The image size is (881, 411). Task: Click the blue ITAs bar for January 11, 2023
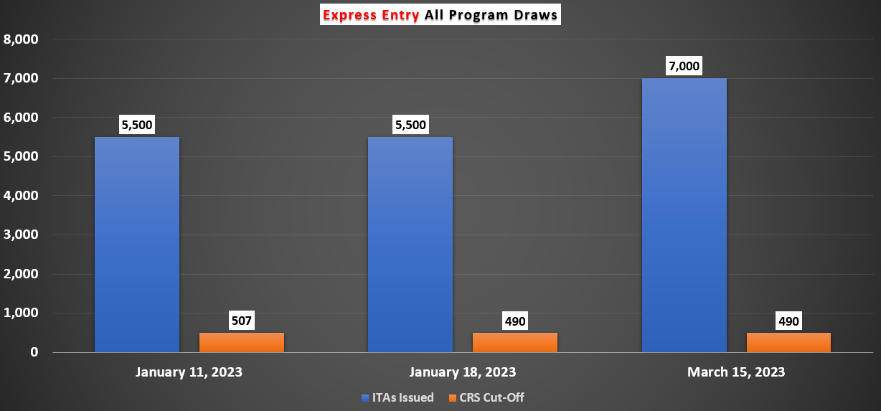click(136, 244)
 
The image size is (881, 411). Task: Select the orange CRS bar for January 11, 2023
click(241, 342)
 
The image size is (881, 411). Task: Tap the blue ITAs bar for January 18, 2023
click(410, 244)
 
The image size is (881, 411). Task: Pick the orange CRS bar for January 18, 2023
click(514, 342)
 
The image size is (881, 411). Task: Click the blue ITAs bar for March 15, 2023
click(684, 215)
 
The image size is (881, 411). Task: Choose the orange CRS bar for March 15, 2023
click(788, 342)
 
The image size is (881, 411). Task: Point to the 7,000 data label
click(683, 66)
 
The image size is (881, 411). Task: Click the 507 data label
click(241, 321)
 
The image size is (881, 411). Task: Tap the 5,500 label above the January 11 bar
click(136, 125)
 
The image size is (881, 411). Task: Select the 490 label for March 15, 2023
click(788, 321)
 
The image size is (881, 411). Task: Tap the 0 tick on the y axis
click(33, 352)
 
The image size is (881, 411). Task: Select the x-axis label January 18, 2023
click(462, 372)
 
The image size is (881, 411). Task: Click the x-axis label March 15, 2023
click(736, 372)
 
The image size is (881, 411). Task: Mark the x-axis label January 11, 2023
click(189, 372)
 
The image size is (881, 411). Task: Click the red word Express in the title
click(349, 15)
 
